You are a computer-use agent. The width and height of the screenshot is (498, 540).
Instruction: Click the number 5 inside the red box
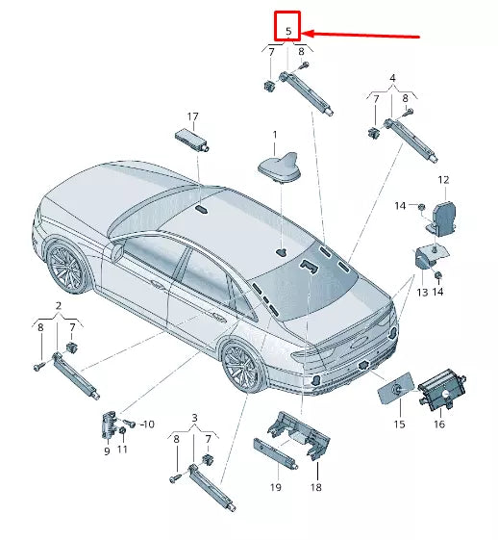pyautogui.click(x=288, y=31)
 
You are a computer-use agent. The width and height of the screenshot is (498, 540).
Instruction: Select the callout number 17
pyautogui.click(x=192, y=116)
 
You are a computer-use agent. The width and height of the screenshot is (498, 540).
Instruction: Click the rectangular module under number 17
pyautogui.click(x=191, y=136)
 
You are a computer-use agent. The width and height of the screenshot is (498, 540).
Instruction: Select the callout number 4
pyautogui.click(x=391, y=77)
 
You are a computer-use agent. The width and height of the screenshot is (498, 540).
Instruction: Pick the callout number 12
pyautogui.click(x=443, y=180)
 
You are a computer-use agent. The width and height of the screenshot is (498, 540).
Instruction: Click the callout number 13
pyautogui.click(x=421, y=292)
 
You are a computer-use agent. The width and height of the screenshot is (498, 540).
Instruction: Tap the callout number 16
pyautogui.click(x=438, y=423)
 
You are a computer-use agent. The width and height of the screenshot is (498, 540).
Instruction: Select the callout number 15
pyautogui.click(x=397, y=423)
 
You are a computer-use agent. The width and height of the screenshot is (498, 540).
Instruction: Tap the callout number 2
pyautogui.click(x=58, y=305)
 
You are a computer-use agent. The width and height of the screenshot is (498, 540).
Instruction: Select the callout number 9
pyautogui.click(x=107, y=450)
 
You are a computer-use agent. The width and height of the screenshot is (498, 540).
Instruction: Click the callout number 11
pyautogui.click(x=122, y=450)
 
